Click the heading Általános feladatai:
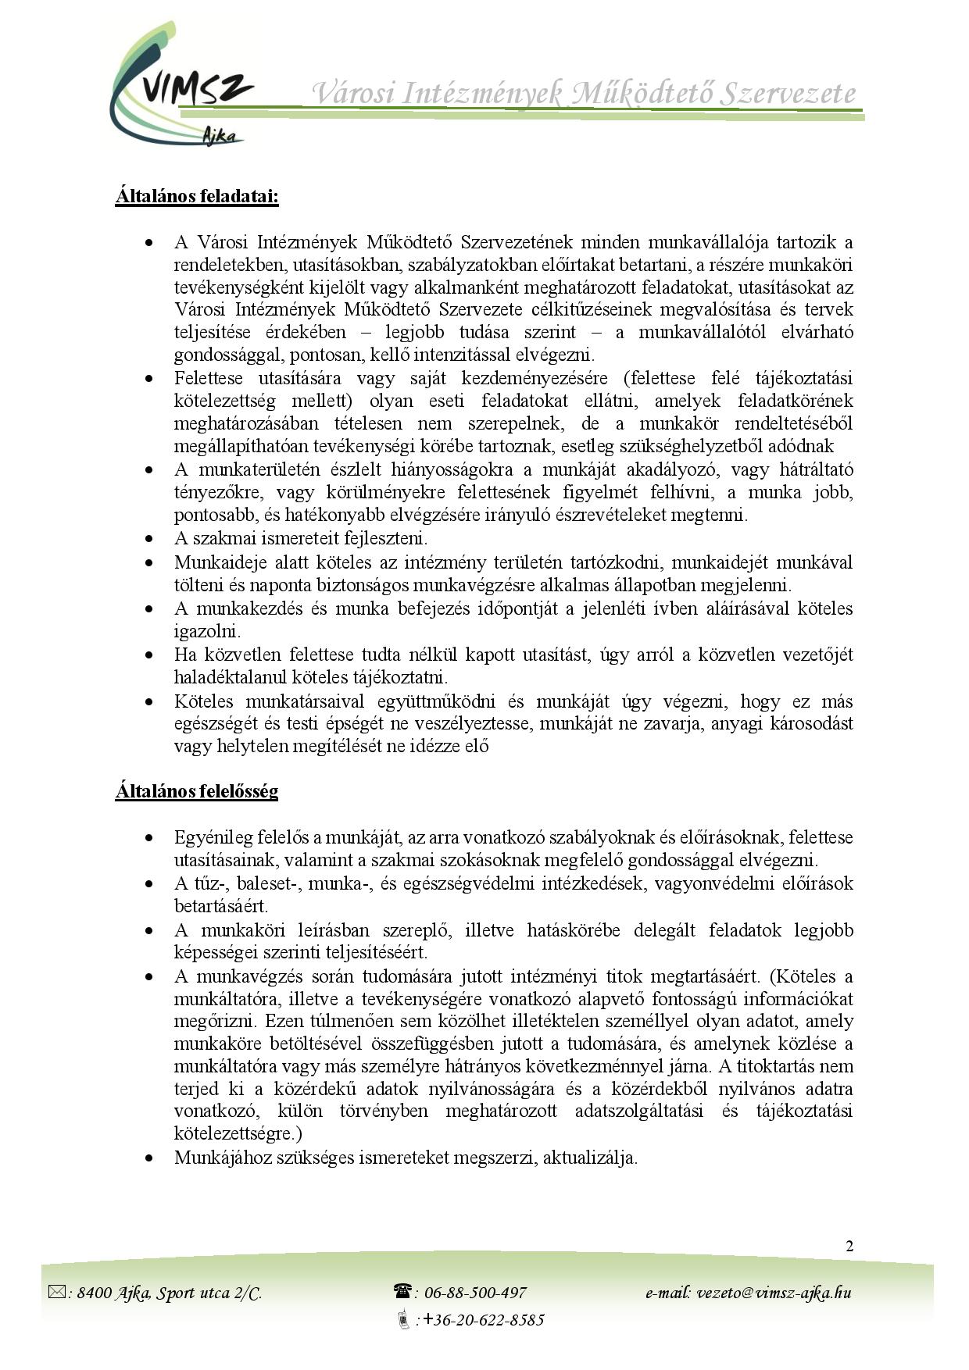click(x=197, y=195)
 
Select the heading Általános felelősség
click(x=197, y=791)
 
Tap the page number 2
click(x=849, y=1246)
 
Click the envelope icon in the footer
click(x=58, y=1293)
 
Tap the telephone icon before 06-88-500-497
click(x=402, y=1292)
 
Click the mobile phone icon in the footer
click(x=404, y=1320)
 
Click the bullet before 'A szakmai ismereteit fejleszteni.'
click(x=148, y=539)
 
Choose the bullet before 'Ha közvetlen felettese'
click(x=148, y=655)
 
